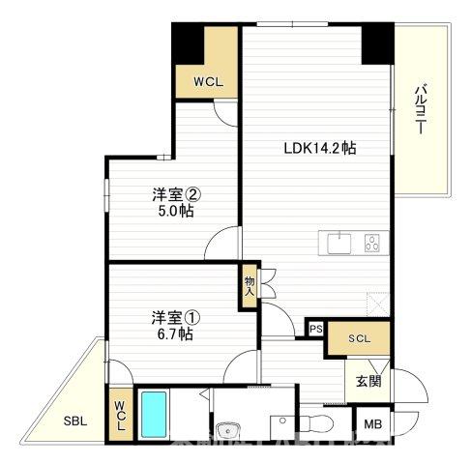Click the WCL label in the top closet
[x=208, y=82]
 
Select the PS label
[x=315, y=330]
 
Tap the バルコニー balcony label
[x=422, y=111]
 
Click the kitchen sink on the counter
[x=340, y=244]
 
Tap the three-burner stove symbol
[x=371, y=244]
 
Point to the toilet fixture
[x=312, y=424]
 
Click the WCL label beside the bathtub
[x=120, y=416]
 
